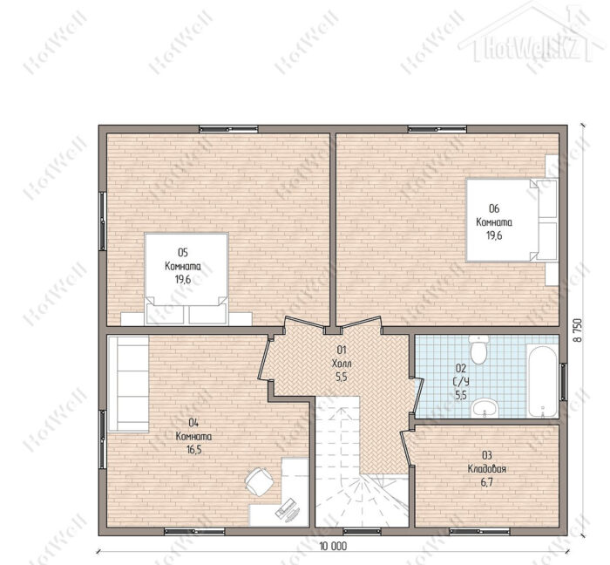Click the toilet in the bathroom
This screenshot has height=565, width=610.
pyautogui.click(x=478, y=349)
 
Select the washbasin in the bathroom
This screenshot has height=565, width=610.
pyautogui.click(x=485, y=409)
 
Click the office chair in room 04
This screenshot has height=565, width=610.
pyautogui.click(x=259, y=481)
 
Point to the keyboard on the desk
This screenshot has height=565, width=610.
pyautogui.click(x=286, y=507)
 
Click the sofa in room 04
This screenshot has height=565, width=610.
pyautogui.click(x=128, y=384)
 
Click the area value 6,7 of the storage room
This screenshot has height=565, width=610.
pyautogui.click(x=486, y=482)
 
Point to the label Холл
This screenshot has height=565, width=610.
pyautogui.click(x=342, y=364)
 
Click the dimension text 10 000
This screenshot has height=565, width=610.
pyautogui.click(x=333, y=547)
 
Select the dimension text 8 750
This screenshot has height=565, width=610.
pyautogui.click(x=579, y=330)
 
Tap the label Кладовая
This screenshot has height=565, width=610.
pyautogui.click(x=486, y=469)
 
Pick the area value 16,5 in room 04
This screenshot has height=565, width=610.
pyautogui.click(x=194, y=450)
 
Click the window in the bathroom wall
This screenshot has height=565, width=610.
pyautogui.click(x=563, y=381)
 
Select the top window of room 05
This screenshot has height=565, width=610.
pyautogui.click(x=228, y=129)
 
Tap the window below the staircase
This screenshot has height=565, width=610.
pyautogui.click(x=362, y=531)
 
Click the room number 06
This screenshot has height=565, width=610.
pyautogui.click(x=494, y=208)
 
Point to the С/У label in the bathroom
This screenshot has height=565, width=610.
pyautogui.click(x=461, y=382)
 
